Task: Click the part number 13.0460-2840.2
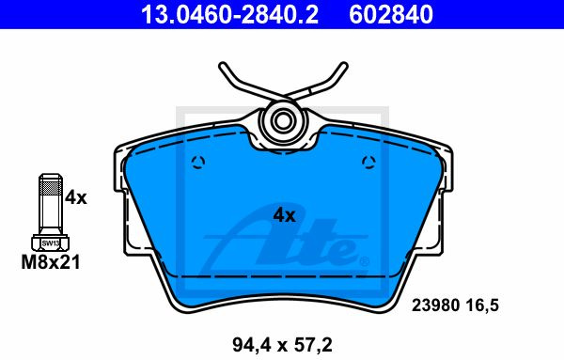(x=229, y=14)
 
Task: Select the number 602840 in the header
(x=391, y=14)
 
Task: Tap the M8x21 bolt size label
(x=51, y=262)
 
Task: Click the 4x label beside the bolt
(x=76, y=197)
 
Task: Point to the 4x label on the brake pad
(x=284, y=215)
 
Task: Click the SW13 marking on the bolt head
(x=51, y=243)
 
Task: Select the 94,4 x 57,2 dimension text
(x=282, y=345)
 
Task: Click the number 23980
(x=435, y=305)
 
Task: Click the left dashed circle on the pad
(x=198, y=163)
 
